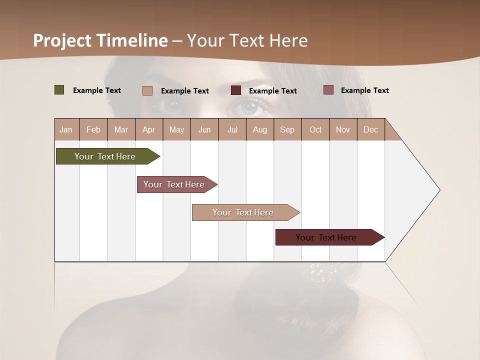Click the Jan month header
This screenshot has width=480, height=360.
pos(66,129)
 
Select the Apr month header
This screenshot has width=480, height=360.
pos(148,129)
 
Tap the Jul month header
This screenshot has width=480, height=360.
pos(232,129)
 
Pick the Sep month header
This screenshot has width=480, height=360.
pos(287,129)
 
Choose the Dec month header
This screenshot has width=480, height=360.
pos(370,129)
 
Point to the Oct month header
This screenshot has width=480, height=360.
pos(315,129)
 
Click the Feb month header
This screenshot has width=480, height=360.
pos(93,129)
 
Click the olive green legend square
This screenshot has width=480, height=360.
pos(59,90)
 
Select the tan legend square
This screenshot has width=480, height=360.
pos(147,90)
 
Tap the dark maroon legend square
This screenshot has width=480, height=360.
pos(236,90)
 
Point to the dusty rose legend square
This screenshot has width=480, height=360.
pos(328,90)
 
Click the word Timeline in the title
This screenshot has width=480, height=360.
pos(132,40)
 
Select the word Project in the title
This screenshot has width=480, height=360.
pos(62,40)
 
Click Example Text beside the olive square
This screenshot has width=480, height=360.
pos(97,90)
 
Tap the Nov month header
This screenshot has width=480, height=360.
pos(343,129)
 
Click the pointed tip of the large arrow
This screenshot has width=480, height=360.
pos(438,190)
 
